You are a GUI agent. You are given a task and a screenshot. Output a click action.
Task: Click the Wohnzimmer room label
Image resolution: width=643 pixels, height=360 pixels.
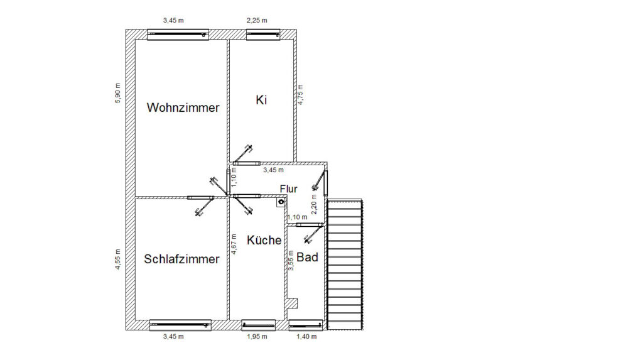[183, 107]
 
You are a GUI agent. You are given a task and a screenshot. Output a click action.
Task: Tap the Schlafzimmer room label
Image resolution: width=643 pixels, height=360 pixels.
[181, 259]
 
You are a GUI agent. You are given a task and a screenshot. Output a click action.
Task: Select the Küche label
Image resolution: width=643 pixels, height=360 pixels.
[264, 240]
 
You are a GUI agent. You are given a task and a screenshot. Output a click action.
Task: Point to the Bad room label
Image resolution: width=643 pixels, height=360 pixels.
[307, 257]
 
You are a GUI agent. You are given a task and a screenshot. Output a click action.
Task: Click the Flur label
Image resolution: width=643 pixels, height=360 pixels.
[288, 188]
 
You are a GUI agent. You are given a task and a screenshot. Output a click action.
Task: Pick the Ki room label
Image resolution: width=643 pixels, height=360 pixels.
[262, 99]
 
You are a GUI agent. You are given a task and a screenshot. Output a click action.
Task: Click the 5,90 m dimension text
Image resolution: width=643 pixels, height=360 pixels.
[117, 93]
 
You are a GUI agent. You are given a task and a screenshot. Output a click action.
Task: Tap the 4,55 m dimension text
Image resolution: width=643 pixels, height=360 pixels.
[117, 258]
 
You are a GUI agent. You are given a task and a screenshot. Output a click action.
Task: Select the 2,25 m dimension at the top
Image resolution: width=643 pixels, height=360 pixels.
[256, 21]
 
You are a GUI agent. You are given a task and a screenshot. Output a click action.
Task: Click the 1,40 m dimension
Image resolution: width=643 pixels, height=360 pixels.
[306, 337]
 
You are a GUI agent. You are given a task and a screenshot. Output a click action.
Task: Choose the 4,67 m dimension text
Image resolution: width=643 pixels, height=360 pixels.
[234, 244]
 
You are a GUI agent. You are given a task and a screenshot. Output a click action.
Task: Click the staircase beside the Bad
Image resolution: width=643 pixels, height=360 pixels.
[346, 264]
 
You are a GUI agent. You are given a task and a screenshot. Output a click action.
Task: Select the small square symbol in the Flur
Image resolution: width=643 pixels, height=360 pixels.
[281, 202]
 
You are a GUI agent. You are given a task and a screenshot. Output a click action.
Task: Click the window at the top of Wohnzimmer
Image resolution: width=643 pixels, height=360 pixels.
[177, 35]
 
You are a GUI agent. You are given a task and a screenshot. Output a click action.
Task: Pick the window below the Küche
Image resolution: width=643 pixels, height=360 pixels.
[259, 325]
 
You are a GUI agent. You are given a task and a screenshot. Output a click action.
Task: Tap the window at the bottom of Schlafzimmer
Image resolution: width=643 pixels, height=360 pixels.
[180, 325]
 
